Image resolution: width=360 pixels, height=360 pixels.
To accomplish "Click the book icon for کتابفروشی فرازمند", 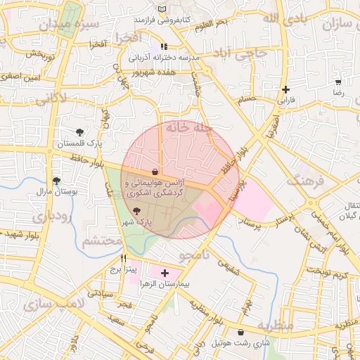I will click(x=164, y=9).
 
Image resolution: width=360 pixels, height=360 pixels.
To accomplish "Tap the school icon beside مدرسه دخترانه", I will click(x=164, y=46).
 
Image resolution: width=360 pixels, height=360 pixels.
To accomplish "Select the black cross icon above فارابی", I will click(x=285, y=89).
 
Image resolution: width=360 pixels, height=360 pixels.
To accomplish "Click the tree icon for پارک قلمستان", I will click(x=79, y=132).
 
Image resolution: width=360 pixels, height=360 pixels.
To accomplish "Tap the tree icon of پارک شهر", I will click(x=136, y=212).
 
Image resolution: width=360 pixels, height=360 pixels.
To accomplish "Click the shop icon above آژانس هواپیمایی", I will click(x=154, y=172).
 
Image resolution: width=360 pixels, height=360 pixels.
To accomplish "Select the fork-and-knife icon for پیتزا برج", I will click(x=123, y=258).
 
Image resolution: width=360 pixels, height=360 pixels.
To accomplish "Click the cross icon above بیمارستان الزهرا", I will click(x=165, y=272).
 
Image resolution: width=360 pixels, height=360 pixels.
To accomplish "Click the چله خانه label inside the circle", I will click(x=184, y=129).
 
